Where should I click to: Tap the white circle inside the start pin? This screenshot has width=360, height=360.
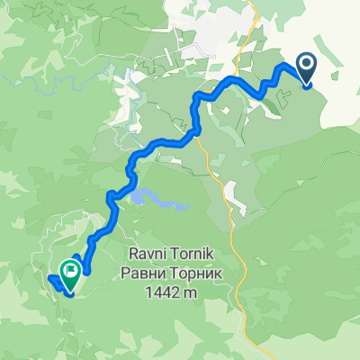306,63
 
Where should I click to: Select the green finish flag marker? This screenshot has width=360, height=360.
70,269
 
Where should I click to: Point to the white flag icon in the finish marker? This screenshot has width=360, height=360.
70,267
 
